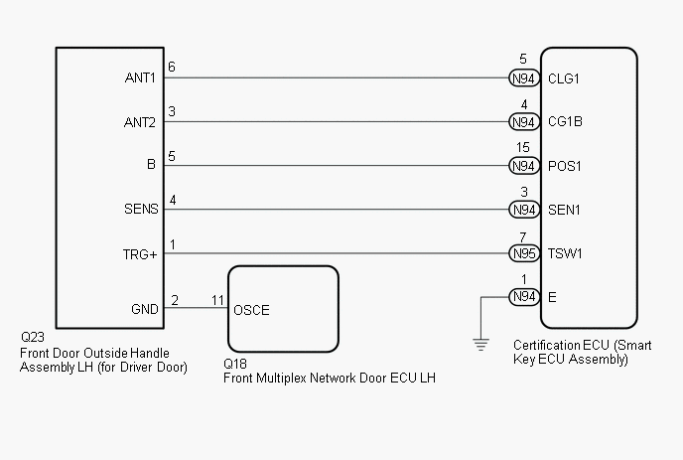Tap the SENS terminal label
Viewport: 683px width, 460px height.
(140, 210)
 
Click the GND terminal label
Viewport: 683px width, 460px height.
(145, 309)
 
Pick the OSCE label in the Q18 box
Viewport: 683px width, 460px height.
(251, 309)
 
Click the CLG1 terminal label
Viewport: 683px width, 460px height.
(563, 78)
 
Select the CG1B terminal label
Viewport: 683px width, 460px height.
(564, 122)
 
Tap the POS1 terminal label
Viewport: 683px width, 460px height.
(564, 166)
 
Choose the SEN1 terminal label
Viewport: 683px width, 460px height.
(564, 210)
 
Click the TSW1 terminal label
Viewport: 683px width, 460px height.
(565, 253)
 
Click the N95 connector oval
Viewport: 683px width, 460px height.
(523, 253)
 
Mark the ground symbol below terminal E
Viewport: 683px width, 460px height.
(480, 344)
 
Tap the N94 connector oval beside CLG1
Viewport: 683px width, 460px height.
(523, 78)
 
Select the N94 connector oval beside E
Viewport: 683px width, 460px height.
(523, 297)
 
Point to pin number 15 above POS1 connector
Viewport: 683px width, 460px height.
(523, 148)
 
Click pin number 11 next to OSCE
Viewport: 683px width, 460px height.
(218, 299)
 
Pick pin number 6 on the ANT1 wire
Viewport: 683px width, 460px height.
(172, 68)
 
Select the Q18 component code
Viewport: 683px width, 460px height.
(235, 364)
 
